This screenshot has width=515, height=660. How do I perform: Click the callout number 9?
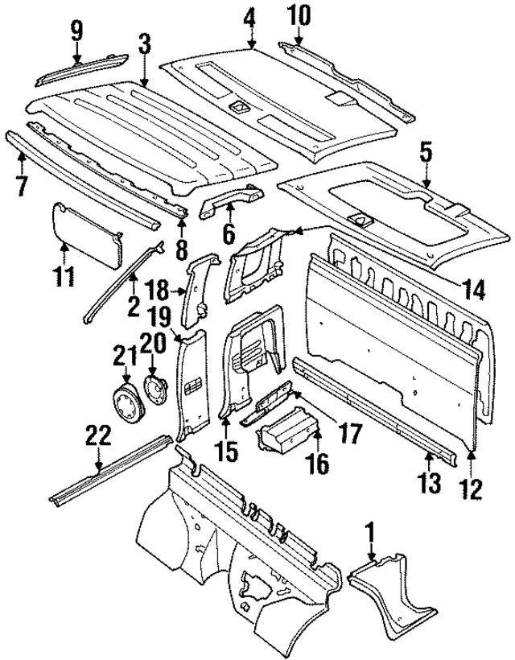point(76,31)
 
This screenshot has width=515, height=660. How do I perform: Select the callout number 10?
point(297,14)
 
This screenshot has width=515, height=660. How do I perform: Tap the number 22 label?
point(98,438)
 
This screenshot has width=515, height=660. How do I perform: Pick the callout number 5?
point(426,151)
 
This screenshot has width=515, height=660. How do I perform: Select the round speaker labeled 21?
point(126,402)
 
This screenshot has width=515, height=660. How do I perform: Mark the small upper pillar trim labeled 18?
point(200,290)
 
